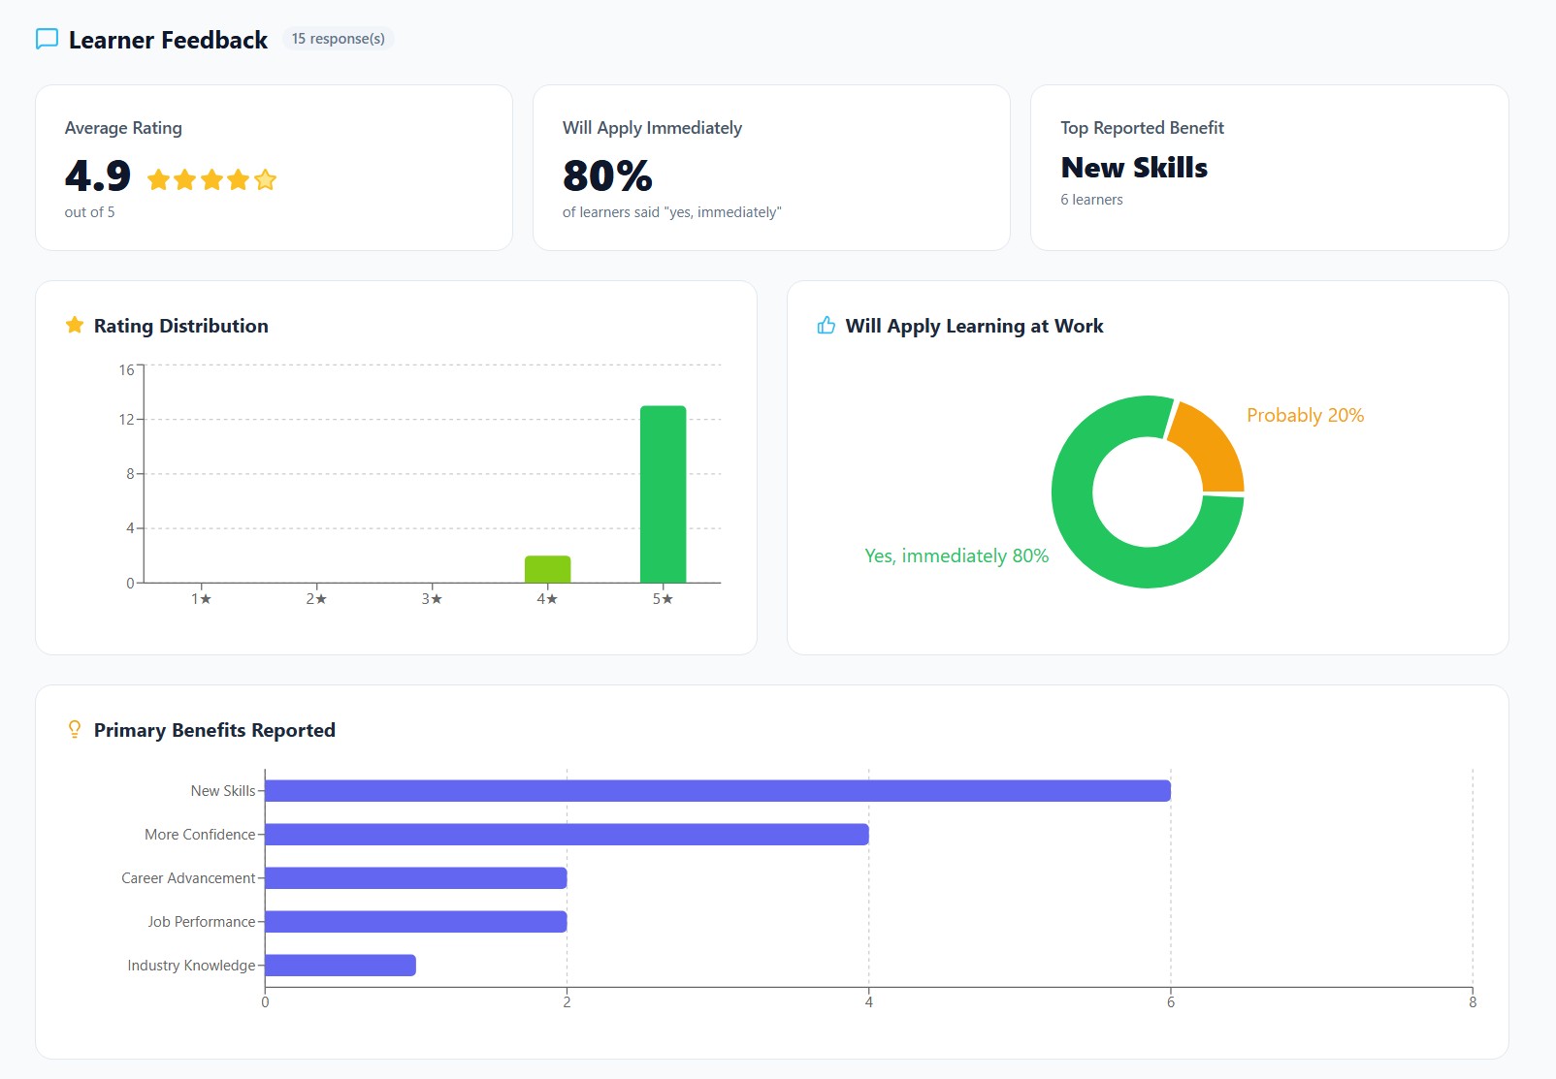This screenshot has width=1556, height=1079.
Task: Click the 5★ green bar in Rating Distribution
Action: point(663,494)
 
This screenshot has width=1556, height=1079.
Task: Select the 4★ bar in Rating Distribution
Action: point(547,569)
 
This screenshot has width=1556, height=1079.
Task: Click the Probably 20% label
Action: point(1305,415)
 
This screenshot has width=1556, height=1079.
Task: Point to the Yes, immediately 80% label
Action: point(956,555)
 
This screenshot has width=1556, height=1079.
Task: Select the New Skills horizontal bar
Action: point(717,791)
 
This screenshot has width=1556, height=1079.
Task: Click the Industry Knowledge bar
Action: point(340,966)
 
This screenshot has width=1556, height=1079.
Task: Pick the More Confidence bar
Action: point(567,835)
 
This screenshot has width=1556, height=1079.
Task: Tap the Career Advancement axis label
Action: point(188,878)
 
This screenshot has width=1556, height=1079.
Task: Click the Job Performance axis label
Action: point(201,922)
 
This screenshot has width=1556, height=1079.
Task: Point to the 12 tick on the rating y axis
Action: point(126,420)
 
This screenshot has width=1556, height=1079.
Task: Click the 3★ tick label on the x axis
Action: point(432,599)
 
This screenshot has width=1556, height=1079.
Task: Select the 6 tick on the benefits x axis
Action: point(1170,1002)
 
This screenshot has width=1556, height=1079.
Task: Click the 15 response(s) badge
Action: point(338,39)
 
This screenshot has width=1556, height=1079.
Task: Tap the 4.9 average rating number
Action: point(98,175)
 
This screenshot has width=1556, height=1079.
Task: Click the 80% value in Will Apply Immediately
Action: point(607,175)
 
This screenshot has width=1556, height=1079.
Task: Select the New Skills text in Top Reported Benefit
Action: point(1134,168)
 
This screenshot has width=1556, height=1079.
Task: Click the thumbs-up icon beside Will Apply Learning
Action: point(826,326)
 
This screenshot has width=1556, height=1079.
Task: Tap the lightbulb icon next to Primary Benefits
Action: point(75,730)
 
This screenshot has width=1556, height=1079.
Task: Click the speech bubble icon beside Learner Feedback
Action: point(47,39)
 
